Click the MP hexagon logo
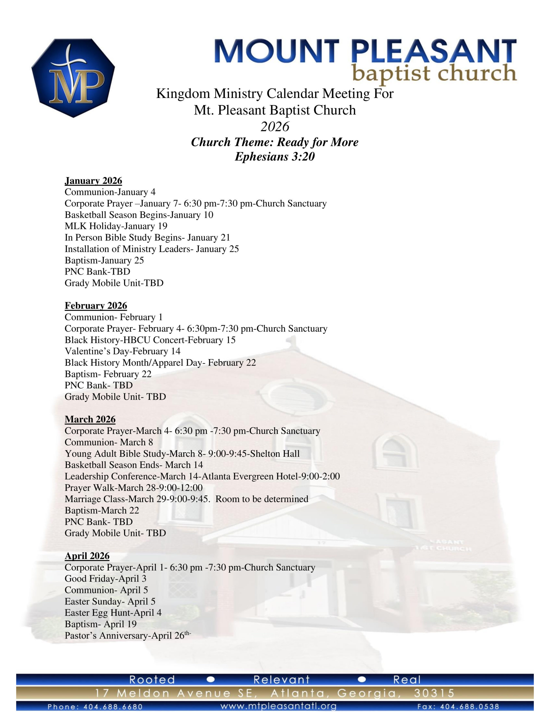coord(73,78)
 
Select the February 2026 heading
coord(96,305)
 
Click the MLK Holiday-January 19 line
coord(116,226)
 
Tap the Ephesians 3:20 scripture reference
coord(274,157)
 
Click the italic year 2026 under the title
coord(275,127)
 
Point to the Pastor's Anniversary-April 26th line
coord(127,636)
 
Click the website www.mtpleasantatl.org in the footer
coord(278,706)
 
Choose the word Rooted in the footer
coord(152,680)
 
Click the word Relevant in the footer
coord(281,680)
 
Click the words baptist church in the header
coord(435,73)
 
